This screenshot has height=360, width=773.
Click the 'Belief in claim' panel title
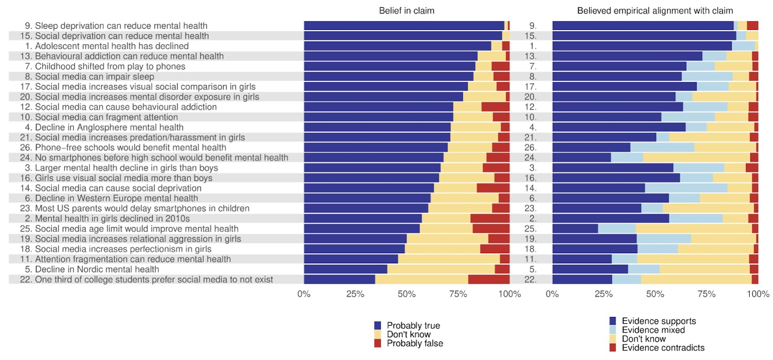click(406, 11)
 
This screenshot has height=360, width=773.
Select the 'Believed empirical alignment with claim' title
click(655, 11)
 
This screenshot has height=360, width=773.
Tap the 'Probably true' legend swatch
click(378, 326)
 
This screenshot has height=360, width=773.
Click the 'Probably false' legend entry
click(415, 344)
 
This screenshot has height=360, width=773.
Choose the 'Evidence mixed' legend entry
click(653, 330)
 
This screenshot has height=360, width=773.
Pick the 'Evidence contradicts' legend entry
click(662, 348)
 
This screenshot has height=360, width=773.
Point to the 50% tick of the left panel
click(406, 294)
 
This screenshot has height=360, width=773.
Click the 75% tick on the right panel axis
click(706, 294)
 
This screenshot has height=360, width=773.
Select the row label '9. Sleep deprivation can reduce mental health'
click(116, 26)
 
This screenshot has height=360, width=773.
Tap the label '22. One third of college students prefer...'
click(146, 279)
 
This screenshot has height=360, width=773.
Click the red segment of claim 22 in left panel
click(488, 279)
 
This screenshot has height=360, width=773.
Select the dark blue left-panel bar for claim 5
click(345, 269)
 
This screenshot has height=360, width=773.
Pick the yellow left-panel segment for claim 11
click(448, 259)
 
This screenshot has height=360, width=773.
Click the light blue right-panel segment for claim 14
click(686, 188)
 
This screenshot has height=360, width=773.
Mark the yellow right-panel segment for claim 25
click(693, 229)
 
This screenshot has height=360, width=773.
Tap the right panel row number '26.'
click(530, 147)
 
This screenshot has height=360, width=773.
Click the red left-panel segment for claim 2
click(489, 218)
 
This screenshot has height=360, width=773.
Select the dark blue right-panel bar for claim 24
click(581, 158)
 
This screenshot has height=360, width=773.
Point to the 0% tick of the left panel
click(304, 294)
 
